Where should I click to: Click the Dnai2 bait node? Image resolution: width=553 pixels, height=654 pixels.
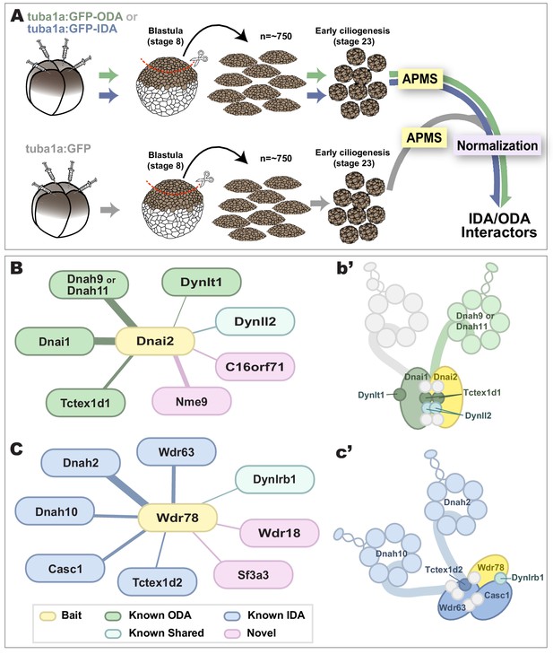point(155,341)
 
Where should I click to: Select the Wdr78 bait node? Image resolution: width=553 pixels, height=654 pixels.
point(177,518)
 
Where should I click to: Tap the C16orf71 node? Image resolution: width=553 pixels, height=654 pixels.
point(255,367)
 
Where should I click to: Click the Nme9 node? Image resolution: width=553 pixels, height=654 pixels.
point(191,402)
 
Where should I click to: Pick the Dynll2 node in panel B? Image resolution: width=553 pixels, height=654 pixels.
point(255,321)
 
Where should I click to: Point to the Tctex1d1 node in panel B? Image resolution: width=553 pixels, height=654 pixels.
point(85,403)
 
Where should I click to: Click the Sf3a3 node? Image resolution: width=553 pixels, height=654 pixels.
point(254,575)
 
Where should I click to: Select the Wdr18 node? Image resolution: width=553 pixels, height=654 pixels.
point(280,533)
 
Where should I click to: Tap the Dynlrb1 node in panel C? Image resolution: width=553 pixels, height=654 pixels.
point(274,479)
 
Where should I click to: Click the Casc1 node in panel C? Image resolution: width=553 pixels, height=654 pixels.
point(65,569)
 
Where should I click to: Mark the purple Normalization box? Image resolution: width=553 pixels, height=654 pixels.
point(497,145)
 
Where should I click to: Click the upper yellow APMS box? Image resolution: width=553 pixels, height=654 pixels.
point(420,78)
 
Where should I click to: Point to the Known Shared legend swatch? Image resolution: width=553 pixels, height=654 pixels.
point(113,633)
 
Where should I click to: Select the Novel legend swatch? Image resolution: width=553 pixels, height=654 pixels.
point(232,633)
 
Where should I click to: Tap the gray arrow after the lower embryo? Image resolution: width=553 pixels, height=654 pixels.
point(110,209)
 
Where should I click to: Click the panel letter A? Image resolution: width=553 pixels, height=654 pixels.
point(17,16)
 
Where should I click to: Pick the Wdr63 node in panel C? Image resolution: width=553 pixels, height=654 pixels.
point(177,452)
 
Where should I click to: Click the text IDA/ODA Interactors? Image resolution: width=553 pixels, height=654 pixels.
point(499,225)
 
